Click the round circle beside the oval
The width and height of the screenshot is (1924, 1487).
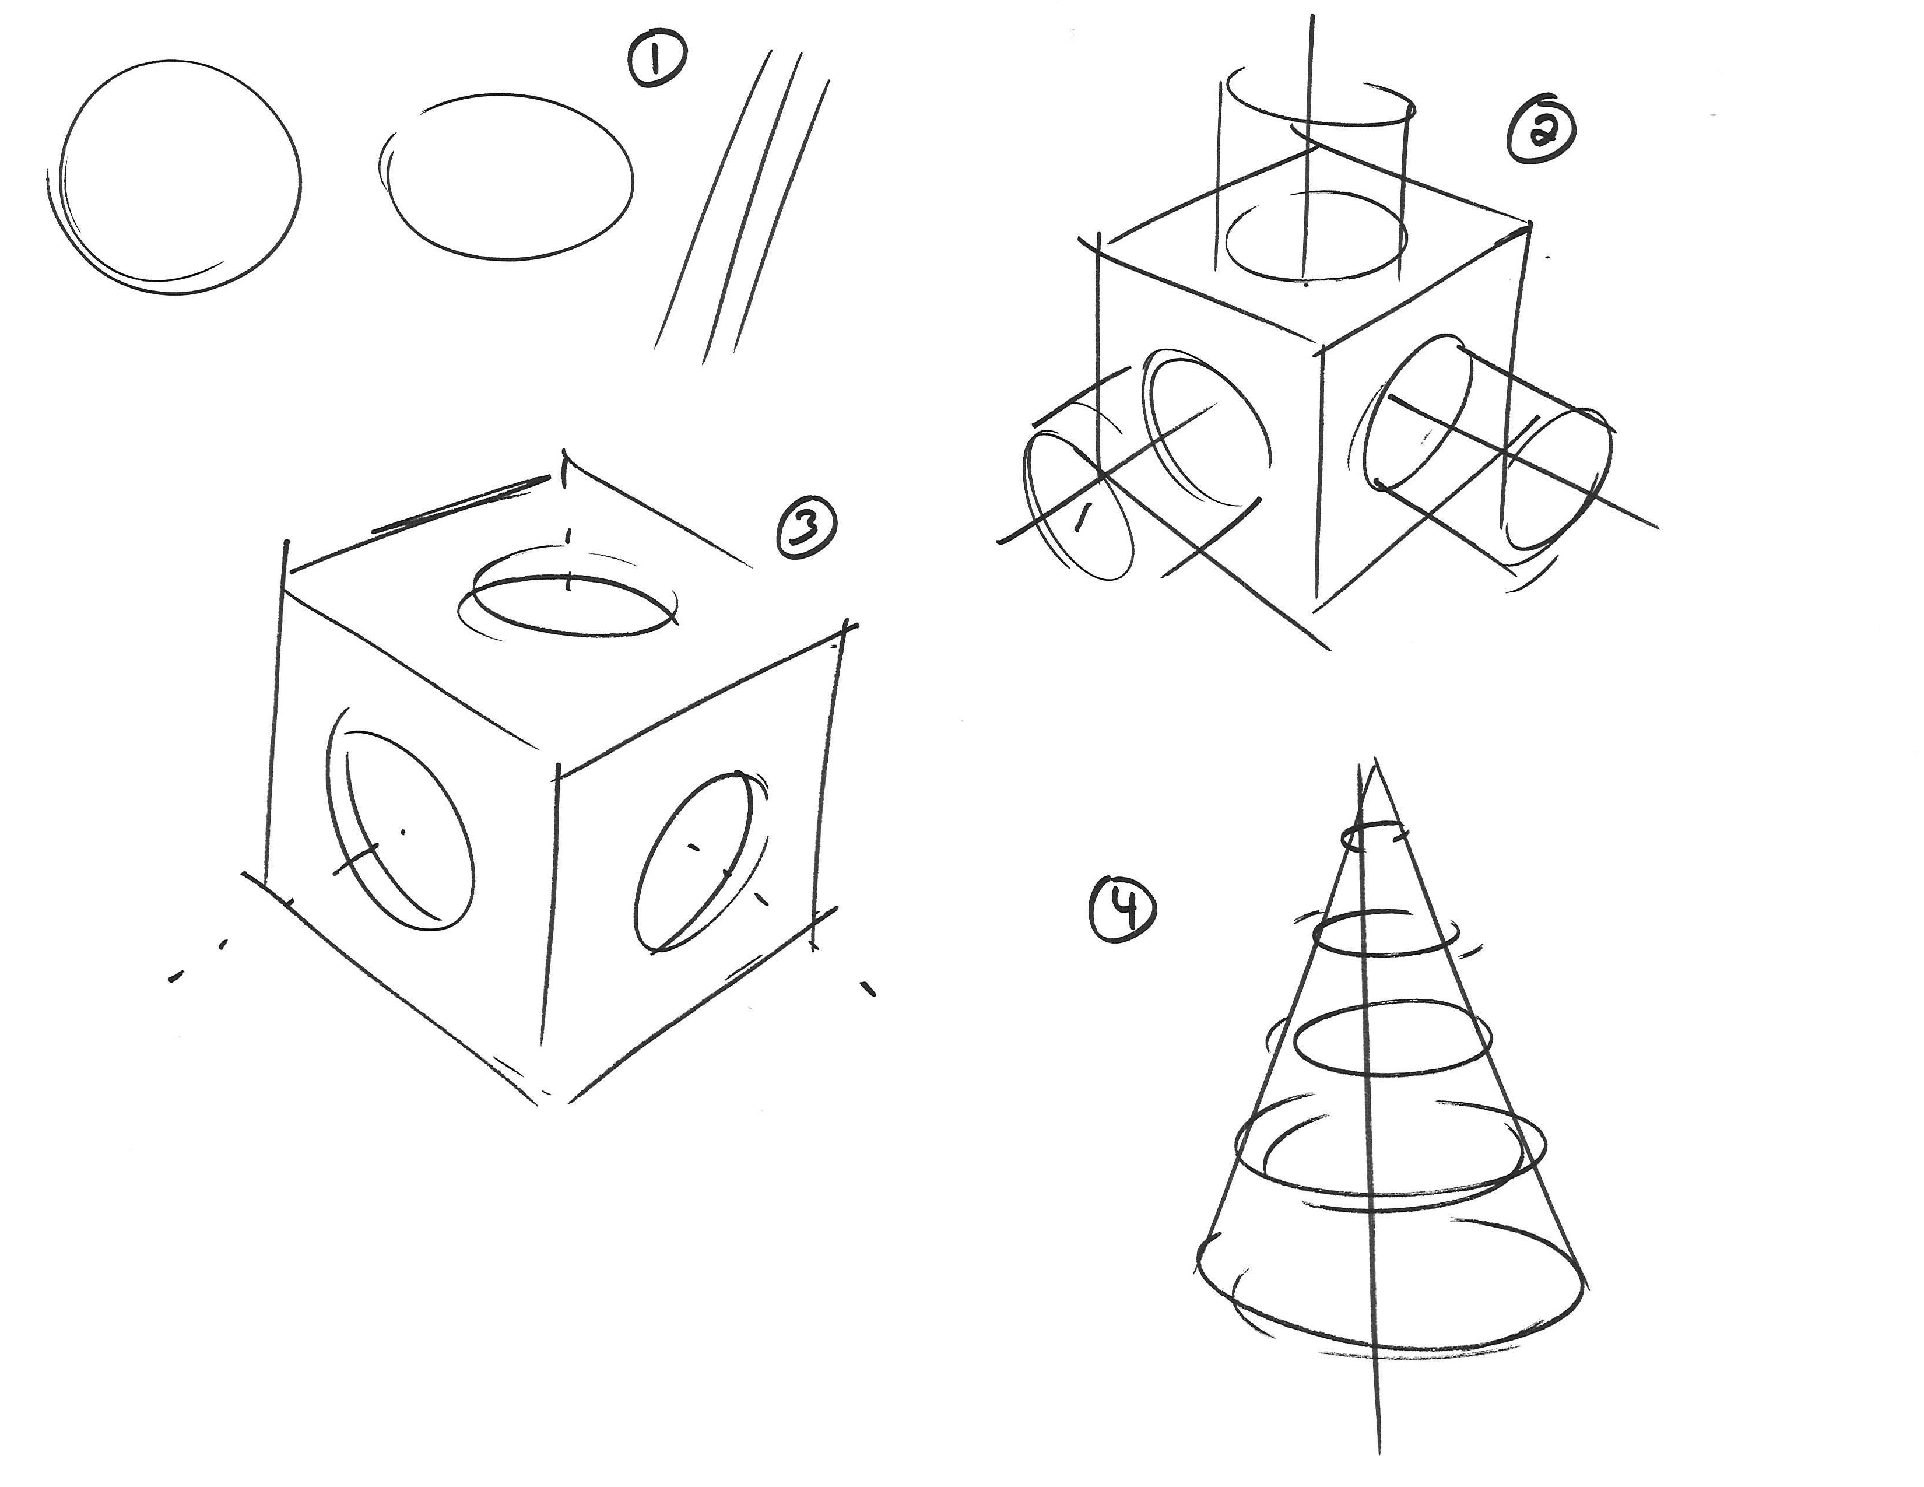(x=300, y=176)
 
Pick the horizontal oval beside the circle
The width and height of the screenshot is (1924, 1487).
(x=631, y=176)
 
